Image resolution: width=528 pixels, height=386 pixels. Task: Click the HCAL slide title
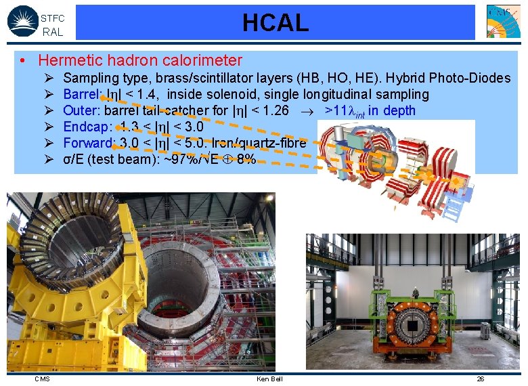pos(276,23)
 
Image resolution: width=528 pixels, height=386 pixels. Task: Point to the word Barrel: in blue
pos(82,94)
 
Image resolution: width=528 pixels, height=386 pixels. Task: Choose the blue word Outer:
pos(81,110)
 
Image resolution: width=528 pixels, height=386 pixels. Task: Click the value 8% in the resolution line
pos(246,159)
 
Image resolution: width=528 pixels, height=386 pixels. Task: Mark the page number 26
pos(480,379)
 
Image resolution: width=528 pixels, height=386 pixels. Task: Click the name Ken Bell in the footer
pos(269,379)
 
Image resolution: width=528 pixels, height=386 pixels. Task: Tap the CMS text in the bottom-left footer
pos(42,379)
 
